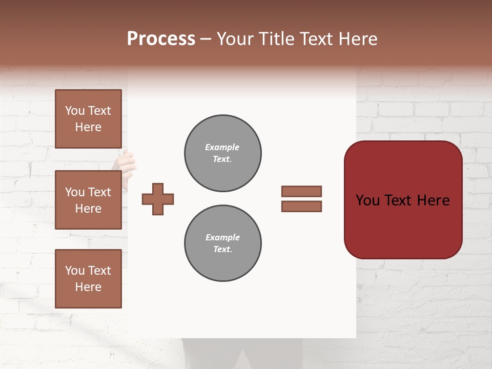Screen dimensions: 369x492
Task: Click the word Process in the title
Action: pos(161,39)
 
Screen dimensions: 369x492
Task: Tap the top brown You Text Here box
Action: pos(88,119)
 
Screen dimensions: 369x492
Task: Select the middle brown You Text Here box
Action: pos(88,200)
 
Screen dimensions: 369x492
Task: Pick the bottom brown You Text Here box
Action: pos(88,278)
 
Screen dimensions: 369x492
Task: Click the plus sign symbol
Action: pos(158,199)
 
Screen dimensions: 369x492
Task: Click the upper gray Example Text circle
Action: pos(223,153)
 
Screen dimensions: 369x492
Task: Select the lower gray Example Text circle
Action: pos(223,243)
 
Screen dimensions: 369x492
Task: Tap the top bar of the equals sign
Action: pos(302,191)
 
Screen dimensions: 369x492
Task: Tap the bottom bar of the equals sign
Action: pos(302,207)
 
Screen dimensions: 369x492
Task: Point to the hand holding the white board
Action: pos(125,163)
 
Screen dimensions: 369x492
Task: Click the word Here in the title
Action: pos(357,39)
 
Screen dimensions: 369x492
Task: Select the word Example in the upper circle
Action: pos(222,147)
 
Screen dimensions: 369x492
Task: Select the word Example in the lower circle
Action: pos(222,237)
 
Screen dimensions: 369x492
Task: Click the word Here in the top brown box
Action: pos(88,127)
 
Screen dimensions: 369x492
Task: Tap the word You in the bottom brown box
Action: pos(75,271)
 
